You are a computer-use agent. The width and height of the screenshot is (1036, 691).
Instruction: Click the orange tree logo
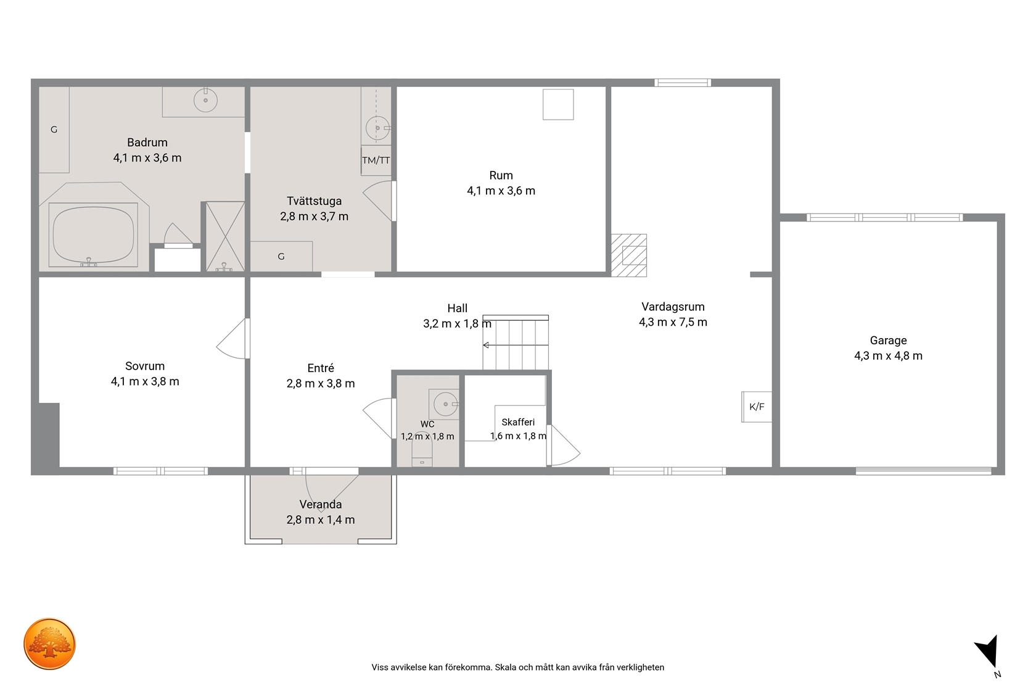coord(49,643)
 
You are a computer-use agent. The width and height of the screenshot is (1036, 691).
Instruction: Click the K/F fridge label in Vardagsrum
coord(757,407)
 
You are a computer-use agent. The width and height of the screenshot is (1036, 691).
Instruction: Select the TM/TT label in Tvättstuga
coord(376,160)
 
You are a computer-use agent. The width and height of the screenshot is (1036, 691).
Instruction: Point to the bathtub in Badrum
coord(94,234)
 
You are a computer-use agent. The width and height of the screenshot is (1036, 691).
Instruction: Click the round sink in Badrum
coord(205,100)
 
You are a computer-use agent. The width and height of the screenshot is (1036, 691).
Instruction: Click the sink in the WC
coord(444,404)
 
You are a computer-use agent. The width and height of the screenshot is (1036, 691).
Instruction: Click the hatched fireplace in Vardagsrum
coord(629,255)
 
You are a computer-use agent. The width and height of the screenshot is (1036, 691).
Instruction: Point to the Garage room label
coord(888,340)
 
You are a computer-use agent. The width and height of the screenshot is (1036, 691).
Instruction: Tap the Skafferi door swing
coord(564,445)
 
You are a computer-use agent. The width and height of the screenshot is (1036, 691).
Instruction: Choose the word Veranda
coord(321,504)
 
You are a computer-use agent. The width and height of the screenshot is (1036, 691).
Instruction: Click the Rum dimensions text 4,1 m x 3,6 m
coord(501,191)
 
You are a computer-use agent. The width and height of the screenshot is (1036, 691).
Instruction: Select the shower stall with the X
coord(224,236)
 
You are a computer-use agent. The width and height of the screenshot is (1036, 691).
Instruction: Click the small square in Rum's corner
coord(558,105)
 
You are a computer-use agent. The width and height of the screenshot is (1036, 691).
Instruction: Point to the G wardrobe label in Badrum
coord(54,130)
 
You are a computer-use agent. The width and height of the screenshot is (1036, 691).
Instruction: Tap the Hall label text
coord(457,308)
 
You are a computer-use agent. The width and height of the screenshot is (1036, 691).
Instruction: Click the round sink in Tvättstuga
coord(377,128)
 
